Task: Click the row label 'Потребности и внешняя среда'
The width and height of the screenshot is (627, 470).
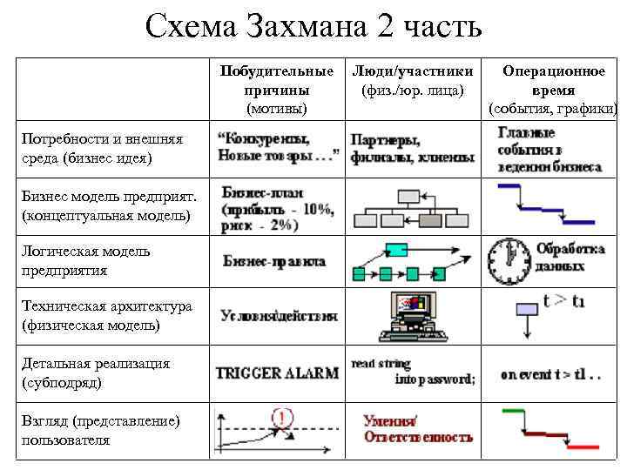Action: click(x=102, y=148)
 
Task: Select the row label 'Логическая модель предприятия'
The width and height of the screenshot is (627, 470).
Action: click(x=86, y=260)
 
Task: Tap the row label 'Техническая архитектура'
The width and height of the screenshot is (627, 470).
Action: click(x=107, y=315)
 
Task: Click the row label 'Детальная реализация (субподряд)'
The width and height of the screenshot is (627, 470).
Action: click(x=96, y=373)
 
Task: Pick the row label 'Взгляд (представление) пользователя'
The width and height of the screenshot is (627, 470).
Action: click(x=101, y=430)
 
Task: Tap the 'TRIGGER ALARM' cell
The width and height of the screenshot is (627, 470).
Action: click(x=277, y=373)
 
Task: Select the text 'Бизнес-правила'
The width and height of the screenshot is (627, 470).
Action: click(x=274, y=260)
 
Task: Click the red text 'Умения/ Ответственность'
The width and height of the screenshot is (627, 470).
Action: click(x=418, y=428)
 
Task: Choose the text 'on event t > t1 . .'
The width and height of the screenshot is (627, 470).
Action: click(x=550, y=375)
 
